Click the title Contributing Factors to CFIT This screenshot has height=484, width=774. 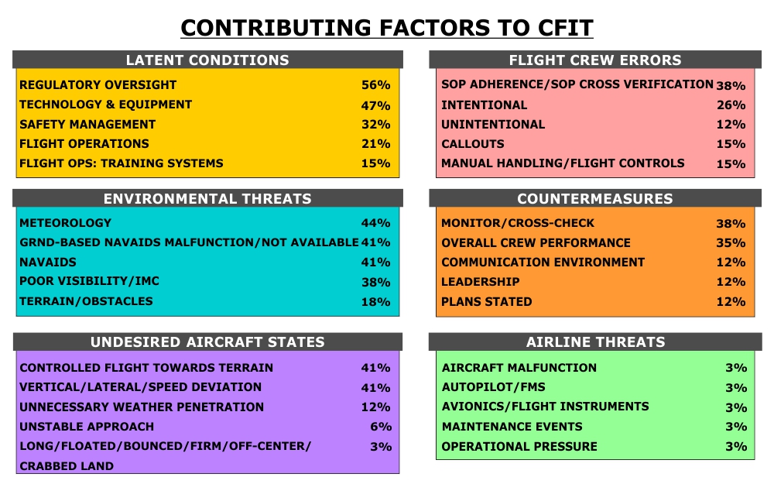click(386, 28)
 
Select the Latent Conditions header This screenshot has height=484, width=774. click(207, 60)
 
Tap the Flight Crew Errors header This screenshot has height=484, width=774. click(595, 60)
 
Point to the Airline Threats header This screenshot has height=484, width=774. click(595, 342)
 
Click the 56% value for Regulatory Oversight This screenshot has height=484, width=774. click(375, 85)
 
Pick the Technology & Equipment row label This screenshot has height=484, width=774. click(105, 105)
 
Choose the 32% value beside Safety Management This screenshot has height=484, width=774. click(375, 125)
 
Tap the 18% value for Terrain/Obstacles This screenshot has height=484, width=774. click(375, 302)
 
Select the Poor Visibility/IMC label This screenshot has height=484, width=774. click(89, 281)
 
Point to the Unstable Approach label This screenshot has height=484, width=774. click(87, 427)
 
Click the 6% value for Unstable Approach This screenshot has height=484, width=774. click(381, 427)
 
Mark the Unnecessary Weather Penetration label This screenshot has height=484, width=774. click(142, 407)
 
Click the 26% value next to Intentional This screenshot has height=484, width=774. click(731, 105)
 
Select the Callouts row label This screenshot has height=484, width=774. click(473, 144)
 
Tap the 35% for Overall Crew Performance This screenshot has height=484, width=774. click(731, 243)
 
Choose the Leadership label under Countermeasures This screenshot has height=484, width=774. click(481, 282)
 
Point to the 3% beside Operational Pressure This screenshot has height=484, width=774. click(736, 446)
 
